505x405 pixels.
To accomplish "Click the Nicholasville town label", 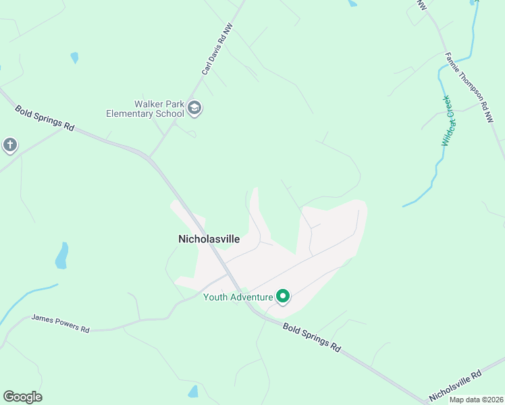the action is [x=209, y=238].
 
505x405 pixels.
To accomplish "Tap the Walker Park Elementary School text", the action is [x=145, y=109].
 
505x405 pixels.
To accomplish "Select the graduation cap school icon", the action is [x=195, y=108].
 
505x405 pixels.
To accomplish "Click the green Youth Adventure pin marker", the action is [x=284, y=296].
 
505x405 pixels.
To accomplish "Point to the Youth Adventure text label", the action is [x=238, y=297].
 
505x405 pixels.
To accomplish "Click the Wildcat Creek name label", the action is [x=446, y=121].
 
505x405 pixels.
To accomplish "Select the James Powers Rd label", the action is [x=61, y=323].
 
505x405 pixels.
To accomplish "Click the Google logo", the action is [x=22, y=397].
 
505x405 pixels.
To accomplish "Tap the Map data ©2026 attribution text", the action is [x=476, y=399].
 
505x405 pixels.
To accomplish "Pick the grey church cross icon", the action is [x=9, y=144].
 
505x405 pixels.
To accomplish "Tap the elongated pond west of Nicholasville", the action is [x=61, y=255].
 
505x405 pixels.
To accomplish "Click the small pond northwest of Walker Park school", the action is [x=74, y=57].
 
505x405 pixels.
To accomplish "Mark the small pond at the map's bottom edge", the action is [x=194, y=391].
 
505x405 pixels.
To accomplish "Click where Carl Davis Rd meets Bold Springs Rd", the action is [x=149, y=157].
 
